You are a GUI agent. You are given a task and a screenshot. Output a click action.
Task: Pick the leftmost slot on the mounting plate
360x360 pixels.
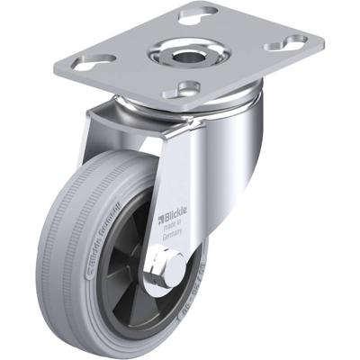coord(98,58)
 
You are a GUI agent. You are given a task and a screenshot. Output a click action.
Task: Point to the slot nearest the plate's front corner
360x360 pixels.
coord(190,87)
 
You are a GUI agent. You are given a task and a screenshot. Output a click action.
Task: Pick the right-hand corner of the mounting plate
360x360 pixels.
coord(319,38)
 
